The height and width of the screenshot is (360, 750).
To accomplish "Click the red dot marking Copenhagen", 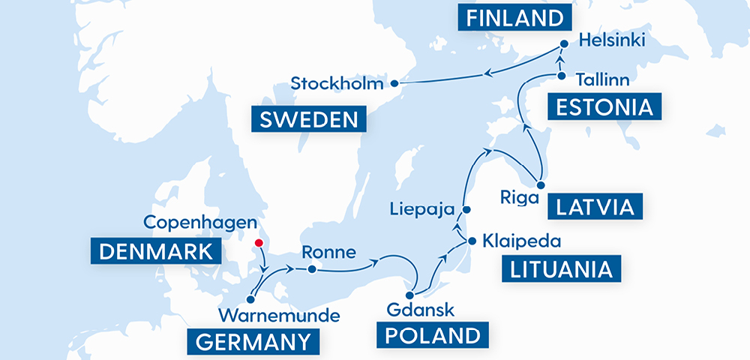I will (259, 243).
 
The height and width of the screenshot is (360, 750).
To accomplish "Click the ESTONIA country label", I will (604, 106).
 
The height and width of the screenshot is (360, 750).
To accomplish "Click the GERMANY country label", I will (252, 342).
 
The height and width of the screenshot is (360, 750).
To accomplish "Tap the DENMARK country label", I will (155, 250).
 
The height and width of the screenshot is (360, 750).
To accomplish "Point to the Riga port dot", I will (540, 184).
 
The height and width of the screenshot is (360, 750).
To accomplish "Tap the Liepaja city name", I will (424, 208).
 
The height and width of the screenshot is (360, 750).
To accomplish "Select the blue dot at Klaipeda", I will (472, 241).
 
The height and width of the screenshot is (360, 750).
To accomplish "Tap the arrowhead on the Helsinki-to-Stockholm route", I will (488, 73).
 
